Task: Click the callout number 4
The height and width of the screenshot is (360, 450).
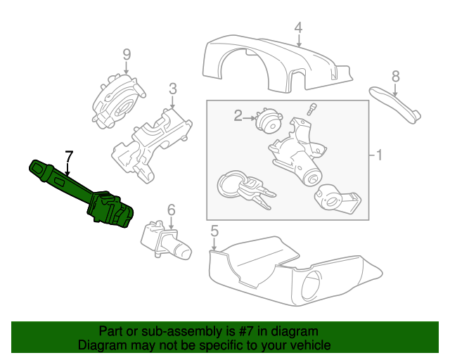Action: coord(298,27)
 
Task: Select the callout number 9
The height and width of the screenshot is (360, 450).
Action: coord(127,53)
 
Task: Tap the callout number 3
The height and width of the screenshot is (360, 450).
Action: coord(172,89)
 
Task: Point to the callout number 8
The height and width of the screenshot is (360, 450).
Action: coord(395,75)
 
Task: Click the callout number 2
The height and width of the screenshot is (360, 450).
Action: coord(238,115)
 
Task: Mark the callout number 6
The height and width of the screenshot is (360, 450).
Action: coord(170,209)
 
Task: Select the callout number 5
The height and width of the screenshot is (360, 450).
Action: coord(214,230)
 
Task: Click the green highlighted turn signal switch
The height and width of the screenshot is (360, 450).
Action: coord(84,193)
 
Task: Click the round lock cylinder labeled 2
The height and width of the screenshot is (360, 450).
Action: coord(267,121)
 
